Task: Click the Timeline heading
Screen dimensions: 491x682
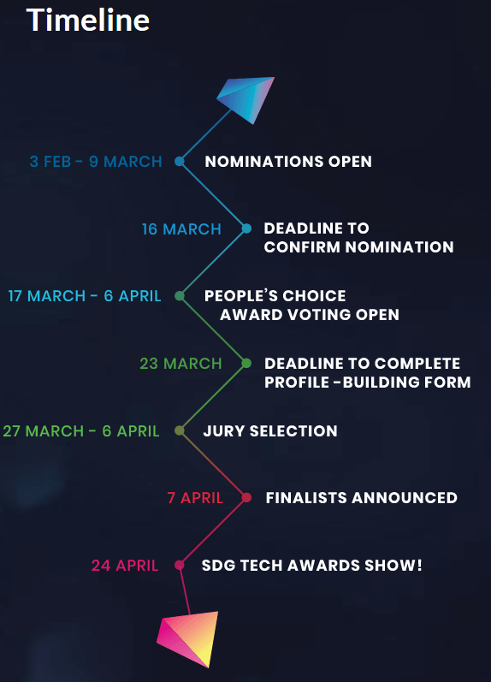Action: click(88, 20)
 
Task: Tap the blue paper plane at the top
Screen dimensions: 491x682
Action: click(246, 99)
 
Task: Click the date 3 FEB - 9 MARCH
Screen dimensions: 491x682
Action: click(96, 162)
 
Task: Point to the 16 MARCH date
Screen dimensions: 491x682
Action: click(181, 229)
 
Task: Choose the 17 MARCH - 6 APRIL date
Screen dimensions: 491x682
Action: click(85, 296)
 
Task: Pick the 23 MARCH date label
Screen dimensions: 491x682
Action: click(181, 364)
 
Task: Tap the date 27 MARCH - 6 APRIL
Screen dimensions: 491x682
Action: click(81, 431)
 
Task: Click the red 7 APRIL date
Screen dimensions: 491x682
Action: click(195, 498)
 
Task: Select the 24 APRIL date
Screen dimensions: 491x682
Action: click(125, 566)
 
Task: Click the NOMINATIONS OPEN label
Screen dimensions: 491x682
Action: click(288, 162)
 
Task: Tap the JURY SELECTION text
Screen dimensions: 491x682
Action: click(270, 431)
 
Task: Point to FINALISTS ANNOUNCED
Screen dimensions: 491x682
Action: click(361, 497)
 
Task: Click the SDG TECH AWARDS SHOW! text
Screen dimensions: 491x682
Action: click(312, 566)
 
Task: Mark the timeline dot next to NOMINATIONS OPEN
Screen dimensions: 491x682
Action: click(179, 162)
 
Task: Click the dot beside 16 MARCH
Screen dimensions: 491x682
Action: click(246, 228)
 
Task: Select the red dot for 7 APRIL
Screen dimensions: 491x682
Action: click(246, 497)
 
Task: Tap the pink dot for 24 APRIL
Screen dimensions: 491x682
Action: click(179, 565)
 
